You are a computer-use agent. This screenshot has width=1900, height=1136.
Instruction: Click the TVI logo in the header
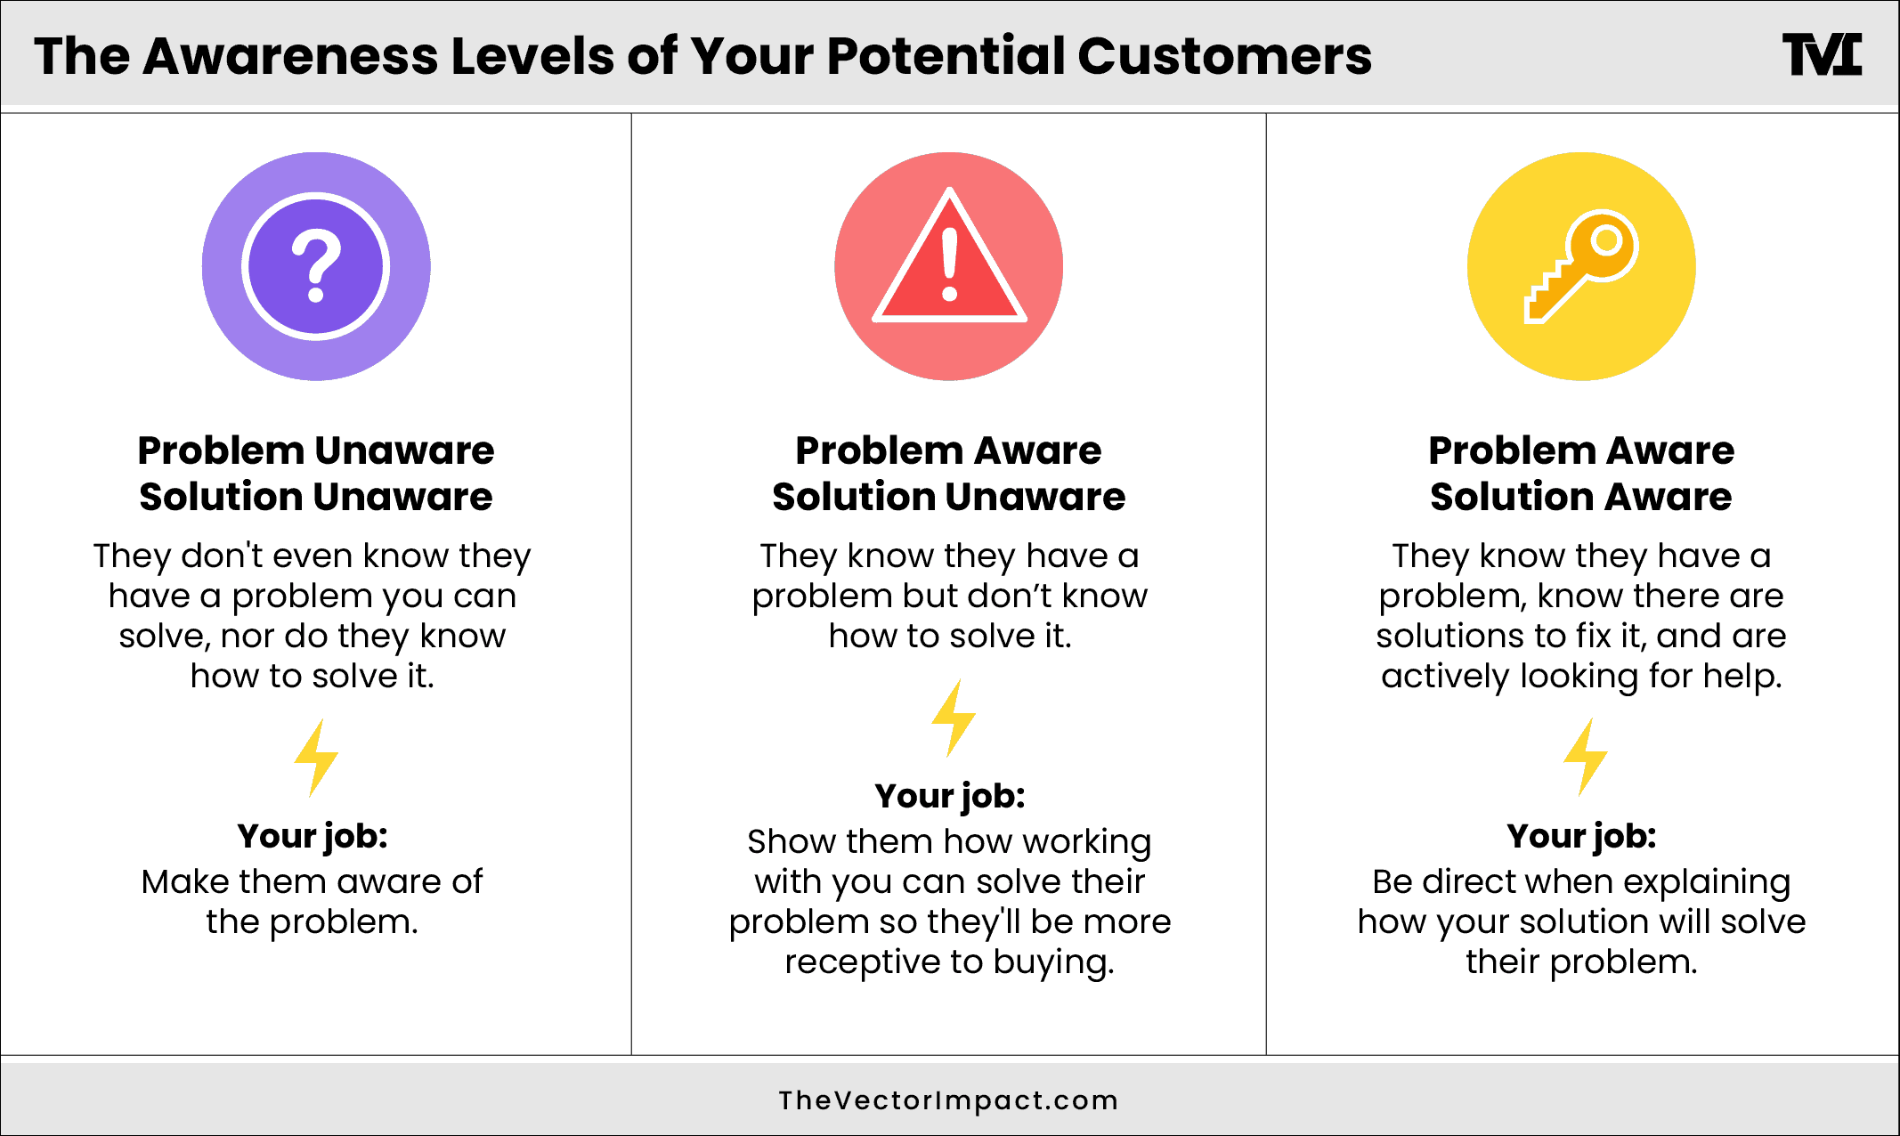[x=1822, y=55]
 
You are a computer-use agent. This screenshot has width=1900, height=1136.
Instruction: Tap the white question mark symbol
[x=316, y=265]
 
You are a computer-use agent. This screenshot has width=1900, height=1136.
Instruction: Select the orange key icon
[x=1582, y=265]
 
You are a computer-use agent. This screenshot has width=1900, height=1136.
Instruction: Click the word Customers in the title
[x=1224, y=56]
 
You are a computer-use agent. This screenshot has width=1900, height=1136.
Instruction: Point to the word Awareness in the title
[x=290, y=56]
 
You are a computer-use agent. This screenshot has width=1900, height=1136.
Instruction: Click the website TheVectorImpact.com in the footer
[x=948, y=1100]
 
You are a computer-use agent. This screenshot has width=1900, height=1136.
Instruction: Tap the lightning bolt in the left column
[x=315, y=758]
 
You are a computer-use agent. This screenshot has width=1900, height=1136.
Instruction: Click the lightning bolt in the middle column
[x=953, y=718]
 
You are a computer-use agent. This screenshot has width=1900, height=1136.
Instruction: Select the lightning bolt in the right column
[x=1585, y=757]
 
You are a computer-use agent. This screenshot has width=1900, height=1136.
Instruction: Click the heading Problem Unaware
[x=315, y=450]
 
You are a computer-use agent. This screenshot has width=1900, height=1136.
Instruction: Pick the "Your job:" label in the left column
[x=313, y=836]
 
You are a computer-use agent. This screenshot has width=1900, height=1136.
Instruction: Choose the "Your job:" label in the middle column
[x=949, y=796]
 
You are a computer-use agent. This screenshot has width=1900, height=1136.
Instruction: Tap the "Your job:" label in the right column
[x=1581, y=836]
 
